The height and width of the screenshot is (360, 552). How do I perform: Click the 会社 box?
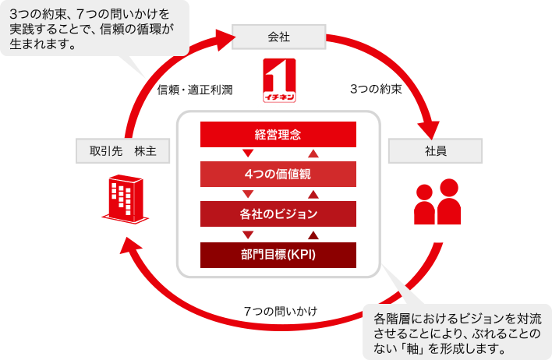[x=279, y=37]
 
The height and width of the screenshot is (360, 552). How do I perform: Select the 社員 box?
[x=435, y=150]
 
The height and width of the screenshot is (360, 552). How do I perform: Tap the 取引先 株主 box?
[x=123, y=150]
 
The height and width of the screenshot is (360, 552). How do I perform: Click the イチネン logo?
[x=280, y=80]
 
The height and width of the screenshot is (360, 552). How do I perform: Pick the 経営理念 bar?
[x=278, y=134]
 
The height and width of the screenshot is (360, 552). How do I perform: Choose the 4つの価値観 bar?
[x=278, y=174]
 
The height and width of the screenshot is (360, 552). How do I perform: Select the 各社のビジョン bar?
[x=278, y=214]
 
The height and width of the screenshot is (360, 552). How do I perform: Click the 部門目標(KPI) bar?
[x=278, y=255]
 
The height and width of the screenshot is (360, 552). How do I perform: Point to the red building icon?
[x=126, y=199]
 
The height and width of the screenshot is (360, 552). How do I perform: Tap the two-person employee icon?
[x=437, y=201]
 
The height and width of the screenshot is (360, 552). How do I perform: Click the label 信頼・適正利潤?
[x=195, y=90]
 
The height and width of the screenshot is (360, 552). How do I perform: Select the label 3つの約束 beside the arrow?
[x=376, y=89]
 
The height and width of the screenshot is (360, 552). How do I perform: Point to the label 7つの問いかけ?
[x=281, y=311]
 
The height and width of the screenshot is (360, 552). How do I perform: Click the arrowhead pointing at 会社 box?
[x=225, y=39]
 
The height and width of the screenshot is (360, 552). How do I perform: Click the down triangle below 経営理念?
[x=248, y=153]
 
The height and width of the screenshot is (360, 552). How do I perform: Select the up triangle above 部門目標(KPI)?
[x=313, y=235]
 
